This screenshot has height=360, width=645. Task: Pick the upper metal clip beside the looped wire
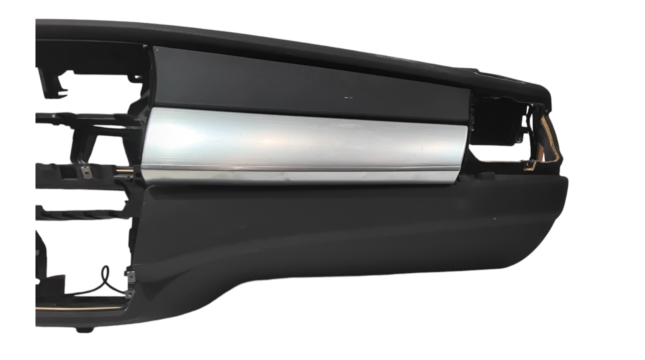131,275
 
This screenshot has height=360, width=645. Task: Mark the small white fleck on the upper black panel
348,97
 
